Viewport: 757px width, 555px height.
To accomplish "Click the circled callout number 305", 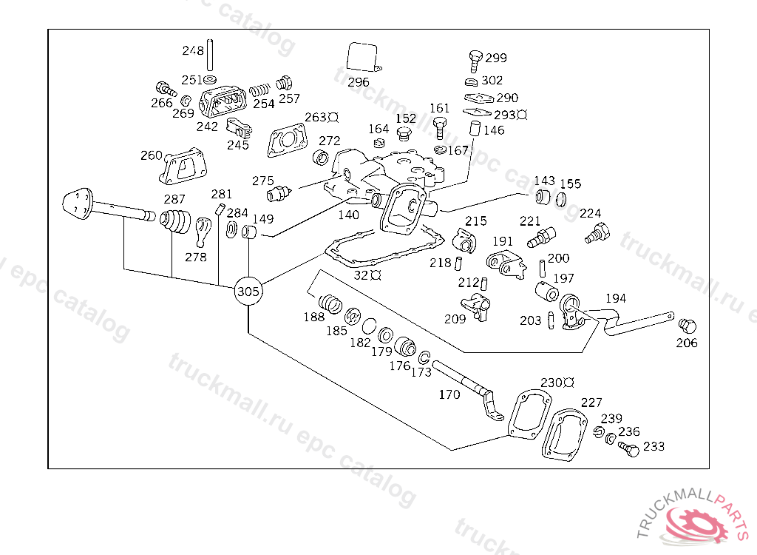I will pos(248,292).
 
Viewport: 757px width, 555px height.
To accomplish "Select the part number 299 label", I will pos(496,58).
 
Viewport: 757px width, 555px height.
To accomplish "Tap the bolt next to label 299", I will pos(475,57).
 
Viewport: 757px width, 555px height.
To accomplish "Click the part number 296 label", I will pos(359,82).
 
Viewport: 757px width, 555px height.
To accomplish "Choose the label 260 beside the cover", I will pos(151,155).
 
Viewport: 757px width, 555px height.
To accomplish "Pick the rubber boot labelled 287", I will pos(176,221).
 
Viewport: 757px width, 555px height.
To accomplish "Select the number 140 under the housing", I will pos(348,215).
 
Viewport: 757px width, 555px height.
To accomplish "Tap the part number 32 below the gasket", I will pos(361,275).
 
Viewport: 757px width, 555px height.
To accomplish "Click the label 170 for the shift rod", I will pos(449,394).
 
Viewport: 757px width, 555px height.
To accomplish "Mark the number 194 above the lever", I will pos(615,298).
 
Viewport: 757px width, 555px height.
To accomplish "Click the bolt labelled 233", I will pos(629,448).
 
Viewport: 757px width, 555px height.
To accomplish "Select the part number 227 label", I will pos(591,403).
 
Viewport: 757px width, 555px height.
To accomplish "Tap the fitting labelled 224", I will pos(596,234).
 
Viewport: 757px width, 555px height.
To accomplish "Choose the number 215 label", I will pos(476,221).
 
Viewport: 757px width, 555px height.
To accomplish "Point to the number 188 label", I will pos(313,317).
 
